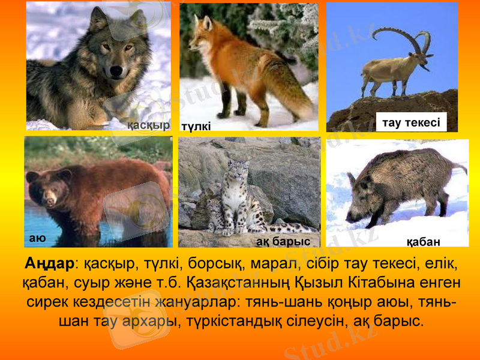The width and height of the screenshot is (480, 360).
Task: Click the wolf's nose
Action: coord(116,71)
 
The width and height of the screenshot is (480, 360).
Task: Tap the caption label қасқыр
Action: coord(148,125)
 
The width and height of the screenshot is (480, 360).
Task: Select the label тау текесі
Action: coord(411,123)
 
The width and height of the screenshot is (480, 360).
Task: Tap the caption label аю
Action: coord(37,238)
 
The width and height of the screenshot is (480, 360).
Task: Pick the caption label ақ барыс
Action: coord(283,241)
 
